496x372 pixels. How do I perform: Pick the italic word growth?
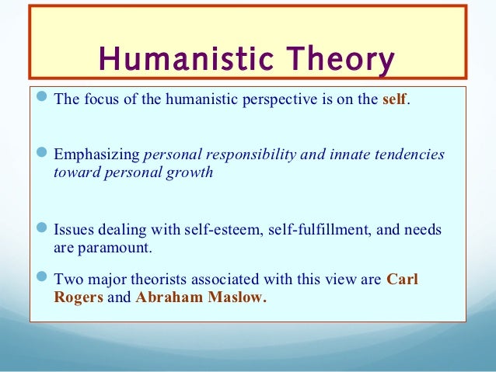pos(191,172)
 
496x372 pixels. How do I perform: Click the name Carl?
pos(402,278)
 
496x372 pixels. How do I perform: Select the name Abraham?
pos(165,296)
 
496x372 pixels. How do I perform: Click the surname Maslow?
pos(232,296)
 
